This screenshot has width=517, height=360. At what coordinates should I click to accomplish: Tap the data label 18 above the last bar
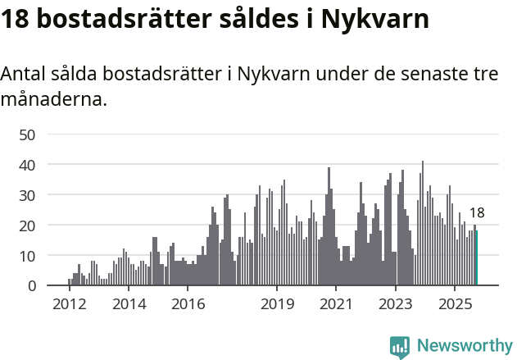[x=476, y=213]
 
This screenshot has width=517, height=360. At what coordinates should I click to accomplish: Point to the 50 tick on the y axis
[x=27, y=134]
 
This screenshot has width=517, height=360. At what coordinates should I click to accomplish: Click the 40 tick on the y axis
[x=27, y=165]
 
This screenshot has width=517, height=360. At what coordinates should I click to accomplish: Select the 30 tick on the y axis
[x=27, y=195]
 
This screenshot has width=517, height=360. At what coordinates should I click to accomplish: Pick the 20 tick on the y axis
[x=27, y=226]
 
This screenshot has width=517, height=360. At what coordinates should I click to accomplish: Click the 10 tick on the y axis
[x=27, y=256]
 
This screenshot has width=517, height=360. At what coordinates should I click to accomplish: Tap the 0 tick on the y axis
[x=31, y=286]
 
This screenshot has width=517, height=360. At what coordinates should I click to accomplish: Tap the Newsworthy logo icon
[x=400, y=347]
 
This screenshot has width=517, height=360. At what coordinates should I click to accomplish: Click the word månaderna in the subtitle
[x=52, y=101]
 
